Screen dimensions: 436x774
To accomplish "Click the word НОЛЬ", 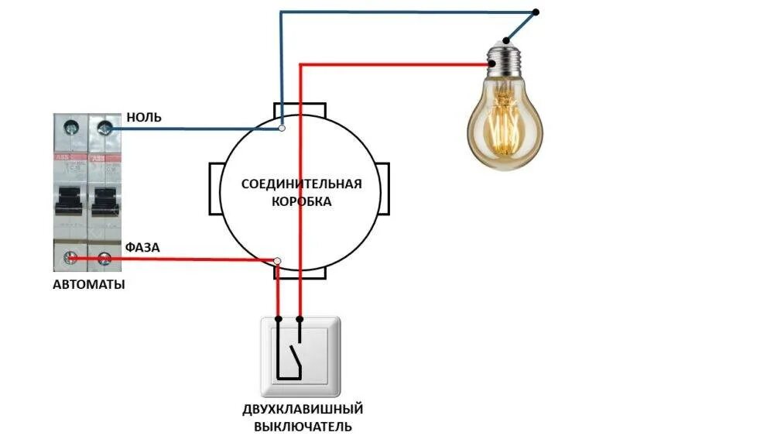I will (x=143, y=118).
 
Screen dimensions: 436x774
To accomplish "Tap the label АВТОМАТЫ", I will (x=89, y=284).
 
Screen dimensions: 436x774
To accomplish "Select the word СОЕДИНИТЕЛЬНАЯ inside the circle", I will (x=302, y=184).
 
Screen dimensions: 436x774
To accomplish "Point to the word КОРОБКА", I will (x=302, y=201).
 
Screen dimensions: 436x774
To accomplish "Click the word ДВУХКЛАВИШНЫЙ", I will (x=303, y=409).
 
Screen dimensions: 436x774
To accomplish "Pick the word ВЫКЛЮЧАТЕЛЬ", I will (x=303, y=427).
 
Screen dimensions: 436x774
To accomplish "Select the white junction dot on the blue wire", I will (x=283, y=128).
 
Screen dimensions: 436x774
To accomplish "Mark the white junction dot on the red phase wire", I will (x=278, y=261).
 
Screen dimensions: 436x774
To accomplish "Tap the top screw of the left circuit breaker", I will (x=74, y=126).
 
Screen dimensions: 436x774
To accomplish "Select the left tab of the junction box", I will (x=214, y=190).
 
